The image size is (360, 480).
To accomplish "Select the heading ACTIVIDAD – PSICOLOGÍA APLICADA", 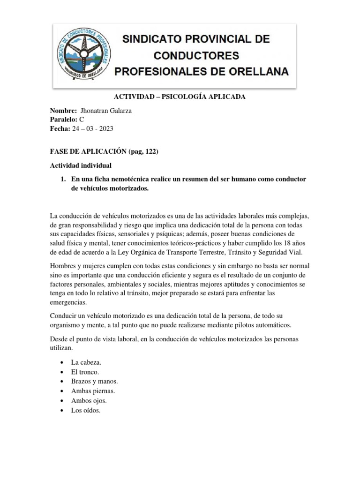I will [x=180, y=97].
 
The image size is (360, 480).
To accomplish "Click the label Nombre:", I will [x=63, y=111].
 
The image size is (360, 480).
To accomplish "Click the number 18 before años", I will [x=288, y=243].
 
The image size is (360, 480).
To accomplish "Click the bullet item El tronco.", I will [x=85, y=372].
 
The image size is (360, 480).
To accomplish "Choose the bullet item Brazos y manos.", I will [x=94, y=382].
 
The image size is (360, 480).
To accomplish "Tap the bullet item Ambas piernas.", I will [x=93, y=391].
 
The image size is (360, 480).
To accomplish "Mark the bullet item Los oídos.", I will [x=86, y=410].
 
